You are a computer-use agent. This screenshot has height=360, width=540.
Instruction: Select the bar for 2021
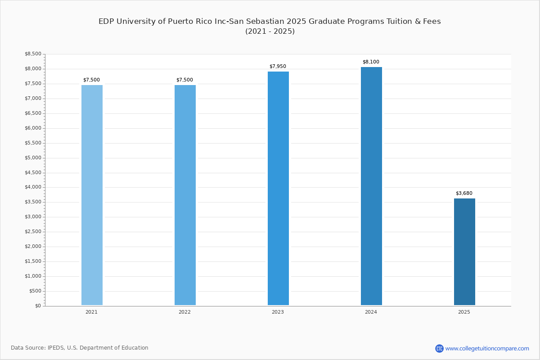92,195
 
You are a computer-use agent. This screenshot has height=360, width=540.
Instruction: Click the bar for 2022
185,195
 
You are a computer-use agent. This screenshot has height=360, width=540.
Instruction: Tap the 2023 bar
278,188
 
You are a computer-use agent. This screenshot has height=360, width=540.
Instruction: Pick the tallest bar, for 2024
371,186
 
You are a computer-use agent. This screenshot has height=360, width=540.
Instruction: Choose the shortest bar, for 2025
464,252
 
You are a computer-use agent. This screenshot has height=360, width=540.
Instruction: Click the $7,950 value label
278,67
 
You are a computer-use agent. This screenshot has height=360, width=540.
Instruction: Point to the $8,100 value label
371,62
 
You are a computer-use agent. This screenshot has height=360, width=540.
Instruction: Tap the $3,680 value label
464,193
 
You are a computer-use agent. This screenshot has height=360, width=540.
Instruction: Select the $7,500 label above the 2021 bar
91,80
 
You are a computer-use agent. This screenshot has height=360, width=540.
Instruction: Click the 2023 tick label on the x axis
278,312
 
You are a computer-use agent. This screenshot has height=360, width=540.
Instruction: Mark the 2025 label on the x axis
464,312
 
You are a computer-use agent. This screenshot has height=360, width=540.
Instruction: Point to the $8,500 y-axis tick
33,54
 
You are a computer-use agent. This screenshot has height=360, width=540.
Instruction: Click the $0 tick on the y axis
38,306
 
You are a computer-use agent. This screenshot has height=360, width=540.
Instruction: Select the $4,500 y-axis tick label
33,173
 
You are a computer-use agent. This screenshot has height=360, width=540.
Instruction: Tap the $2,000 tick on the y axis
33,247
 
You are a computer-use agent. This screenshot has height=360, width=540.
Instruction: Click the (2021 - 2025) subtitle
270,31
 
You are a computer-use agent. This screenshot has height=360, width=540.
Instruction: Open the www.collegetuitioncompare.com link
487,348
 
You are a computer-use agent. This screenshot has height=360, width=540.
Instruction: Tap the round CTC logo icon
439,348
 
